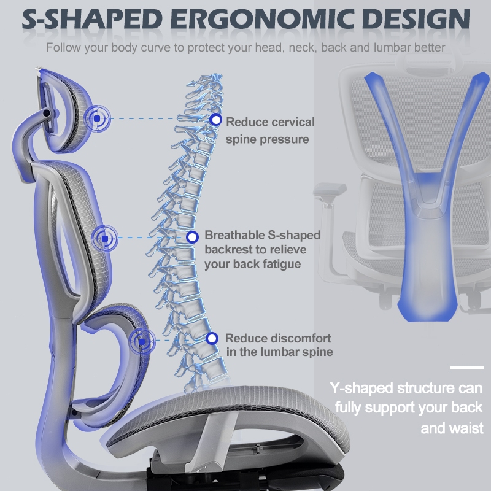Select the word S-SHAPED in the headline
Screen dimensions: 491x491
[92, 19]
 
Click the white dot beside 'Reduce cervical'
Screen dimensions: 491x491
[215, 119]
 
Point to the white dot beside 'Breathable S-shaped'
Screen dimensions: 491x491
[192, 237]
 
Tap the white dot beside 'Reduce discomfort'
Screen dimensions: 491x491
[212, 338]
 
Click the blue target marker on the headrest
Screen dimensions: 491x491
[97, 118]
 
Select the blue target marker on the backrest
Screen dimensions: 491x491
[105, 238]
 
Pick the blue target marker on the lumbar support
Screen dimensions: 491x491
[142, 341]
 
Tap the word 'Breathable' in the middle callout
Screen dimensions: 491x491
[234, 235]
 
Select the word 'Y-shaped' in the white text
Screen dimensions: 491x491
[361, 388]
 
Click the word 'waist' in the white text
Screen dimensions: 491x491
[467, 428]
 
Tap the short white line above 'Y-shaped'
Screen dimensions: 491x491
[466, 368]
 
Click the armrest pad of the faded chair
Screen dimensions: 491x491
[330, 190]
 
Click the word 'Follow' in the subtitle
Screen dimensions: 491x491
[63, 48]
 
